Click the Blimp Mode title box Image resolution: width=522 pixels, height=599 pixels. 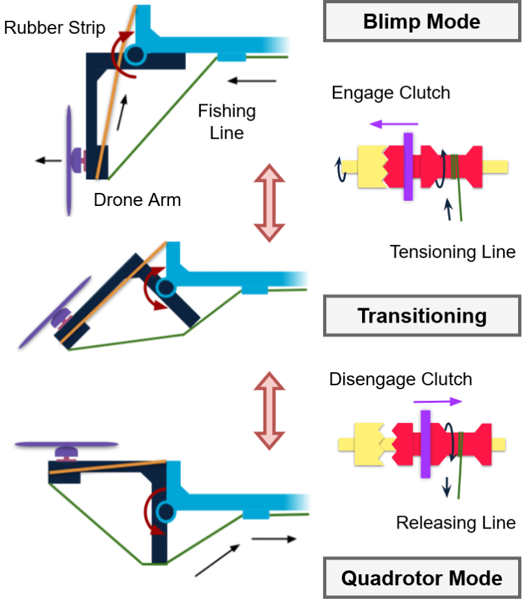pyautogui.click(x=422, y=22)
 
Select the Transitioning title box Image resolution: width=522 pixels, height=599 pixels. pyautogui.click(x=422, y=316)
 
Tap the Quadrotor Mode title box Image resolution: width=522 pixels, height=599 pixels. pyautogui.click(x=422, y=577)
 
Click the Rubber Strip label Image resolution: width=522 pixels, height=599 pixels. pyautogui.click(x=54, y=29)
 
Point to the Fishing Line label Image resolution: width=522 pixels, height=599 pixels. pyautogui.click(x=226, y=121)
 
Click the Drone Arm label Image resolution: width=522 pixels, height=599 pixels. pyautogui.click(x=137, y=199)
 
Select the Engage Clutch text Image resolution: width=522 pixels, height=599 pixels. pyautogui.click(x=391, y=93)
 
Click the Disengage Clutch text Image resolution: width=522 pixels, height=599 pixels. pyautogui.click(x=401, y=379)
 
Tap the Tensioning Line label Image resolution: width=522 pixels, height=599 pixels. pyautogui.click(x=453, y=251)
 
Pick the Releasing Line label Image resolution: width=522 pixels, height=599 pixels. pyautogui.click(x=456, y=522)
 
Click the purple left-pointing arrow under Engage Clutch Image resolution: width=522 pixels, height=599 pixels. pyautogui.click(x=393, y=123)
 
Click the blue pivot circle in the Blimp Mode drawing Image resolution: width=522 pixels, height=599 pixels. pyautogui.click(x=136, y=55)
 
